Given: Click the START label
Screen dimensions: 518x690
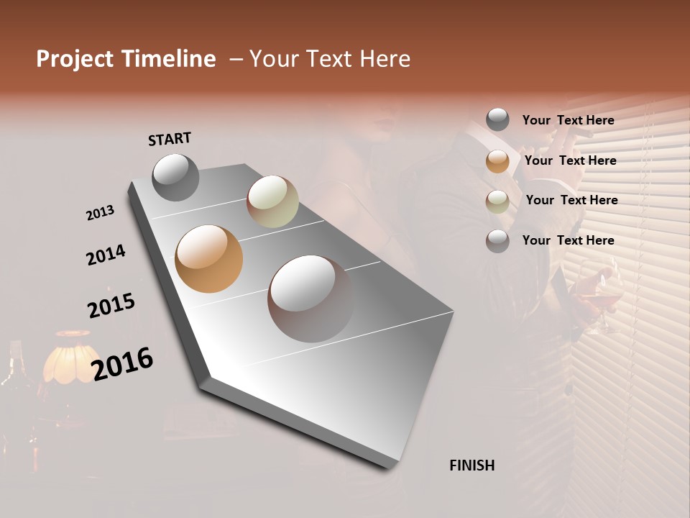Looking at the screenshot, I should tap(170, 139).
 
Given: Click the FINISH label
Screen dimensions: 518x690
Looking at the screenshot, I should tap(471, 465).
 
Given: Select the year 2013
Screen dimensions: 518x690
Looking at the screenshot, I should tap(100, 213).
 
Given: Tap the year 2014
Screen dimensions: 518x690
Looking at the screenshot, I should tap(106, 255).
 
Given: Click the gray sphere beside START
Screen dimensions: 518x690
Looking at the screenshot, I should tap(175, 177).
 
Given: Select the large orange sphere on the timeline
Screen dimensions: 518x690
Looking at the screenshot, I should tap(208, 259).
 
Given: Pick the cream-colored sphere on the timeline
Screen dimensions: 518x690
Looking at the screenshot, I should tap(272, 201).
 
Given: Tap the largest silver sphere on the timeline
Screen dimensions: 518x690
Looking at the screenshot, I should tap(311, 299).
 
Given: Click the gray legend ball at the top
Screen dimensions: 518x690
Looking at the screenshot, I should tap(497, 120).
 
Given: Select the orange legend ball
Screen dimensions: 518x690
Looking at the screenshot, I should tap(497, 161).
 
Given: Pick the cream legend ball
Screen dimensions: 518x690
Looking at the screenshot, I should tap(497, 201).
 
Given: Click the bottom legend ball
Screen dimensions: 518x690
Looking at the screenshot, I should tap(497, 241).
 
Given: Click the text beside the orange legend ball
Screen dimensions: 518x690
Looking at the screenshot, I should tap(570, 160).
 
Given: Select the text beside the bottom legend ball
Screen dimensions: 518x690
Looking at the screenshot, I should tap(568, 240).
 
